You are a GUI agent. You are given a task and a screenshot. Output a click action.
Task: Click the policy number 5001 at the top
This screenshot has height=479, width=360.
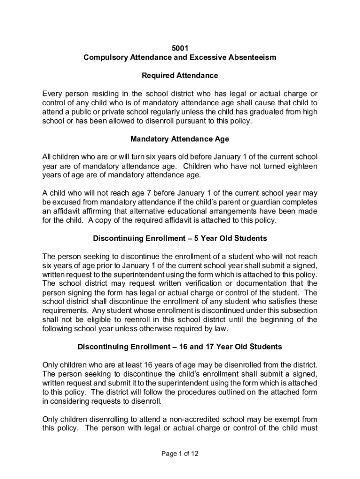(180, 48)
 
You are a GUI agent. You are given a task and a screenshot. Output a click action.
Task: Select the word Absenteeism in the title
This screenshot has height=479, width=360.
(252, 58)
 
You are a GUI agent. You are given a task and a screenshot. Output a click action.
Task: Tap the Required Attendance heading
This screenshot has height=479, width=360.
(180, 75)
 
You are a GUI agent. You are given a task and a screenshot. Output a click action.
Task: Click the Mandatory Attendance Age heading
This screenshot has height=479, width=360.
(180, 139)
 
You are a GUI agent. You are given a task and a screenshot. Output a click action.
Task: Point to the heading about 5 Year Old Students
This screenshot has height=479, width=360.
(180, 239)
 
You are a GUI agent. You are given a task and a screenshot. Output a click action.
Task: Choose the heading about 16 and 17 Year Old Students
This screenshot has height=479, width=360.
(180, 347)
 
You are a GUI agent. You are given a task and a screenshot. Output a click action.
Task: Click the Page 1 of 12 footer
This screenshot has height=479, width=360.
(180, 454)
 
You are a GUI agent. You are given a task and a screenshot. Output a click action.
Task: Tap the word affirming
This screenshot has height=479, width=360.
(94, 211)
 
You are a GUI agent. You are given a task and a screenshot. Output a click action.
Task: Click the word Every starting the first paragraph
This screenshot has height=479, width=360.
(52, 94)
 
